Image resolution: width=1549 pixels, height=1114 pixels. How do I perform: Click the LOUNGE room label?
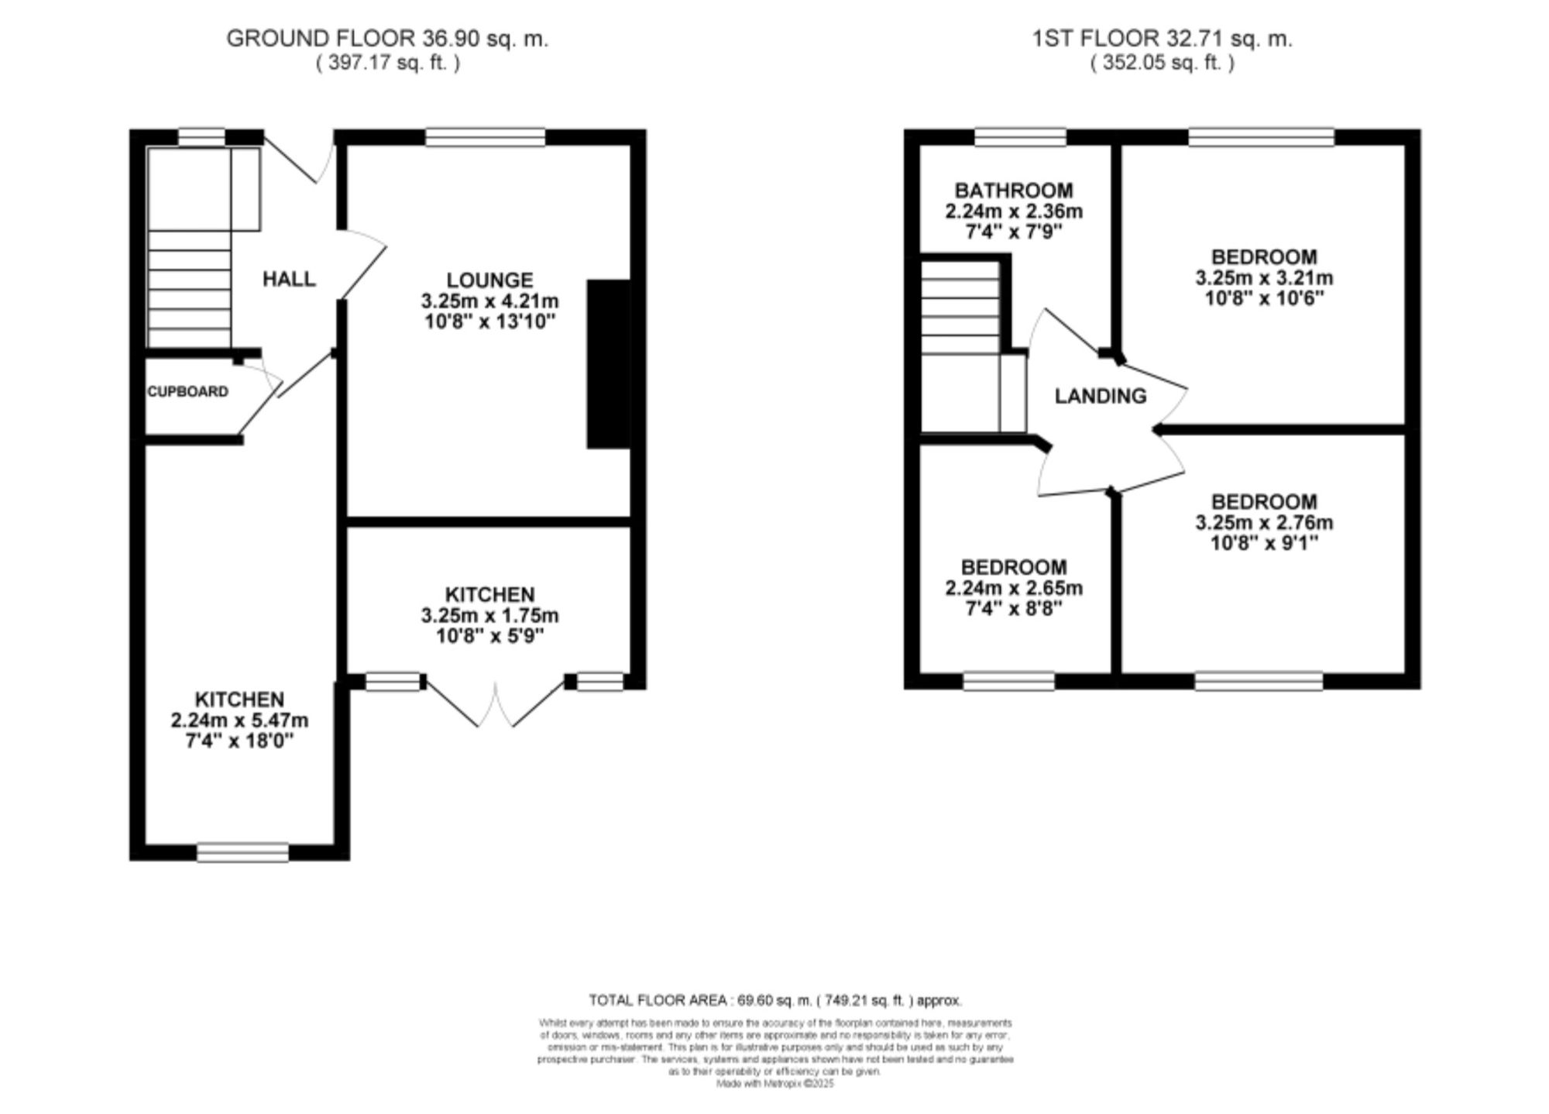(x=489, y=280)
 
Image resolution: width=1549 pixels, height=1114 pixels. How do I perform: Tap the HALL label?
(x=289, y=279)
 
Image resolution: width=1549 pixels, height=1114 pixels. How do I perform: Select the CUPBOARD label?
(x=188, y=392)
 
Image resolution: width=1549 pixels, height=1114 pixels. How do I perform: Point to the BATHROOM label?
(x=1013, y=191)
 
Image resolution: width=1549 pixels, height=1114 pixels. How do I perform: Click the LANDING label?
(x=1100, y=396)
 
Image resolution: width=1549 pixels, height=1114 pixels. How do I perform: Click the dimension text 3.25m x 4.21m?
(x=489, y=301)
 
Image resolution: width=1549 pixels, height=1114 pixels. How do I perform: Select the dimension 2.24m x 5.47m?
(x=239, y=720)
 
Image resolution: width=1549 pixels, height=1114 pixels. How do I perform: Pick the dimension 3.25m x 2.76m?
(x=1264, y=523)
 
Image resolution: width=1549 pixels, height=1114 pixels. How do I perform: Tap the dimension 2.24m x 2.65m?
(x=1013, y=588)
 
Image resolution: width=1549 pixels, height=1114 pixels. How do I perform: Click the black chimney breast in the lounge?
(x=608, y=364)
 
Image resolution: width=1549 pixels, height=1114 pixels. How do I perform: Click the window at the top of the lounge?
(x=485, y=138)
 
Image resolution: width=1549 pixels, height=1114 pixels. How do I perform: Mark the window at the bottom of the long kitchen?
(x=242, y=852)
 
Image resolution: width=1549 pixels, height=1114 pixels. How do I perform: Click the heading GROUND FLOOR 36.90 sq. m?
(x=387, y=39)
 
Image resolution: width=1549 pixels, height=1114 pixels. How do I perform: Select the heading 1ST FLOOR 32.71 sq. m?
(x=1162, y=39)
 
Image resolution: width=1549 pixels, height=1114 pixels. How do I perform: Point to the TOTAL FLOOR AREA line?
(x=774, y=1000)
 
